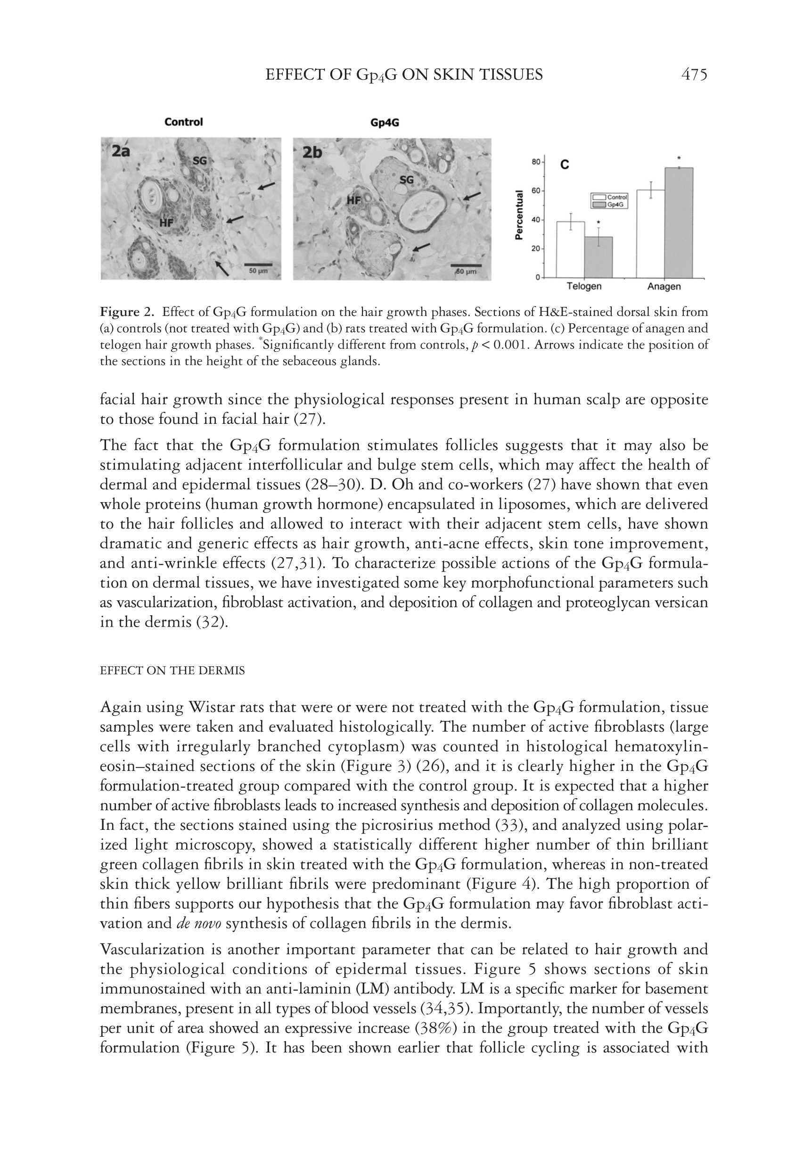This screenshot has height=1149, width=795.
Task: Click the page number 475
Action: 694,75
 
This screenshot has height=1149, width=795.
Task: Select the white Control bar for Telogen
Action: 570,249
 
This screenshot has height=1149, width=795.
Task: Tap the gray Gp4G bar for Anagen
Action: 679,223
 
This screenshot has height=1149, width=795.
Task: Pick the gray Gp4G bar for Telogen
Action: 598,257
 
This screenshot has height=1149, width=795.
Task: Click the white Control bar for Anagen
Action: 650,234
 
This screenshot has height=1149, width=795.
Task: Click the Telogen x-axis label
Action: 584,287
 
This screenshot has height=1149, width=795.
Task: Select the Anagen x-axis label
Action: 664,287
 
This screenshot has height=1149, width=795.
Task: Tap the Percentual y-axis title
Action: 519,215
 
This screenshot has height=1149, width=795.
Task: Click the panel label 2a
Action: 121,151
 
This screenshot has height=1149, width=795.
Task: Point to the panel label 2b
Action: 312,152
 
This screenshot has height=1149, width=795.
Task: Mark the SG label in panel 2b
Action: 407,180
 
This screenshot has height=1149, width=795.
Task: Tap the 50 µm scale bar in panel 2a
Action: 258,265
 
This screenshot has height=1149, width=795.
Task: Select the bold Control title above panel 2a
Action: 183,122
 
